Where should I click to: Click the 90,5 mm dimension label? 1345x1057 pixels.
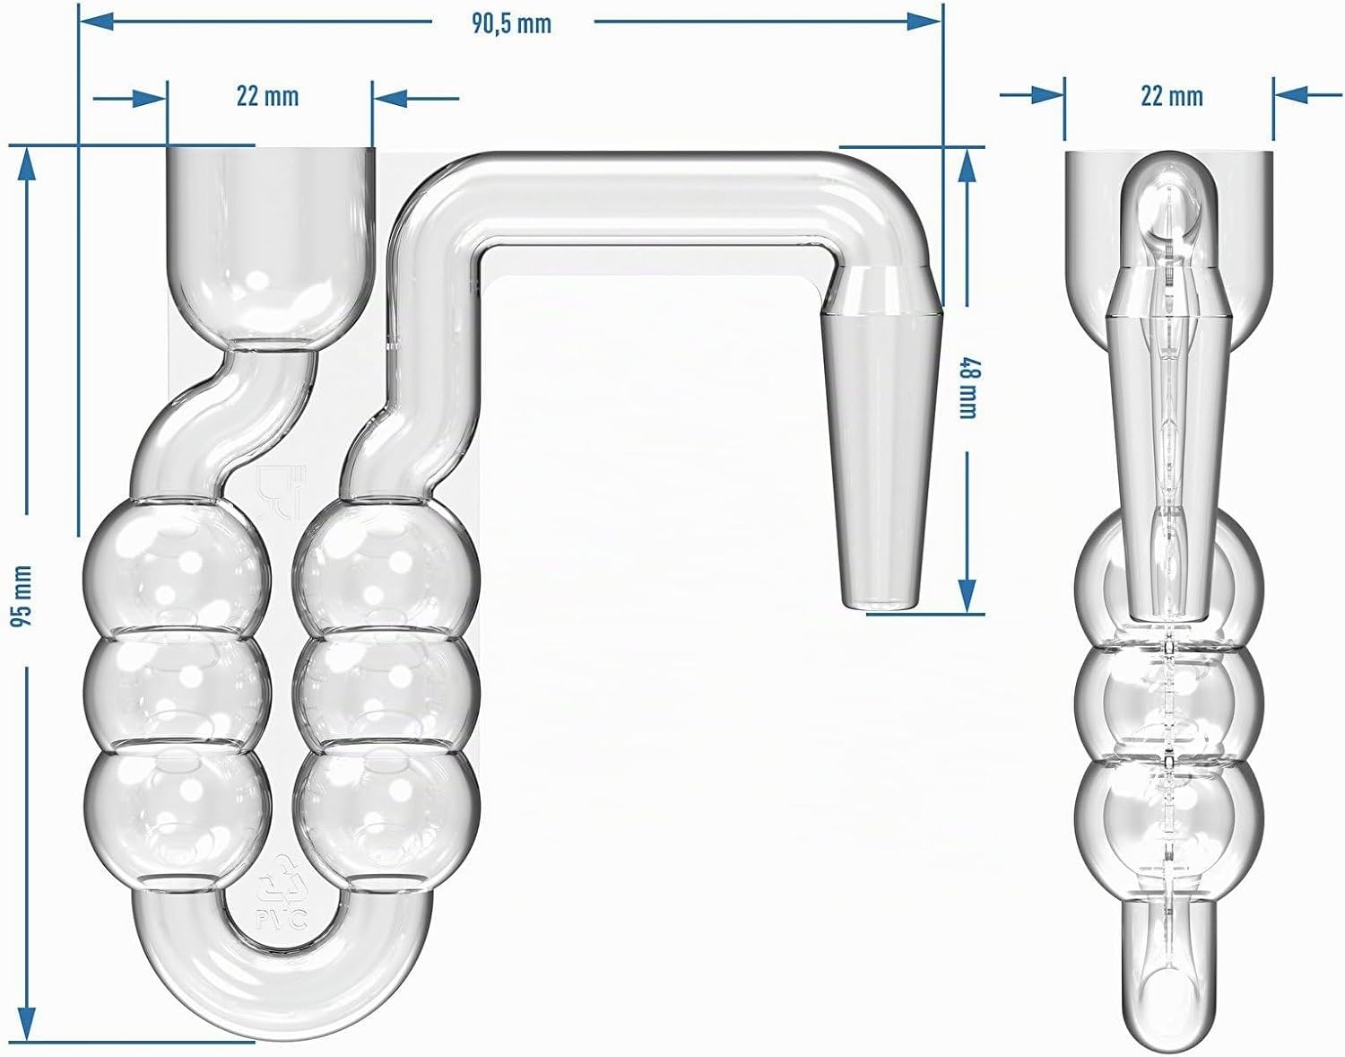[511, 24]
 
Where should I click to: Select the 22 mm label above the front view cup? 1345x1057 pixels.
[267, 97]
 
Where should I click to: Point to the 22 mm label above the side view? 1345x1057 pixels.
[1172, 97]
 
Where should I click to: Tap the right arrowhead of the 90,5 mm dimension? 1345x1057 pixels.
[924, 22]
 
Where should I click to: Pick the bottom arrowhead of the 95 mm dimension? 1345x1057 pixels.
[25, 1023]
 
